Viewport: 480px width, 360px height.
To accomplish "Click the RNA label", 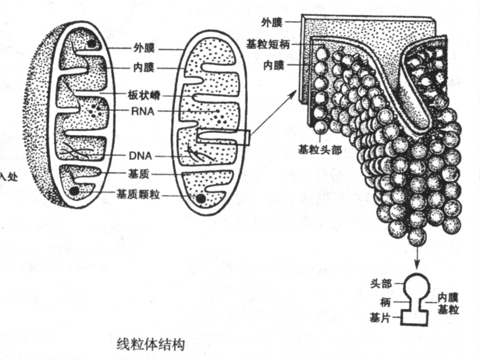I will pos(143,111).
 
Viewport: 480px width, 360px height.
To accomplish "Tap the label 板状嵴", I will pos(144,95).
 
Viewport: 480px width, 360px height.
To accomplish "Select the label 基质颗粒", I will pos(138,194).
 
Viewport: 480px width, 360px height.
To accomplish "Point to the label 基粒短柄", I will pos(268,44).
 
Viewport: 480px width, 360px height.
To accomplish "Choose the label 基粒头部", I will pos(320,149).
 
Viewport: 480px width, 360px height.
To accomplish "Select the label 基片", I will pos(380,318).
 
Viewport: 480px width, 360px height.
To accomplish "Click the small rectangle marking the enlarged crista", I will pos(223,137).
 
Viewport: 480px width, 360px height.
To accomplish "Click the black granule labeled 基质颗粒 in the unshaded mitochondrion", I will pos(201,198).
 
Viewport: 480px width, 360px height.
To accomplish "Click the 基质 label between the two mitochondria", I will pos(139,174).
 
